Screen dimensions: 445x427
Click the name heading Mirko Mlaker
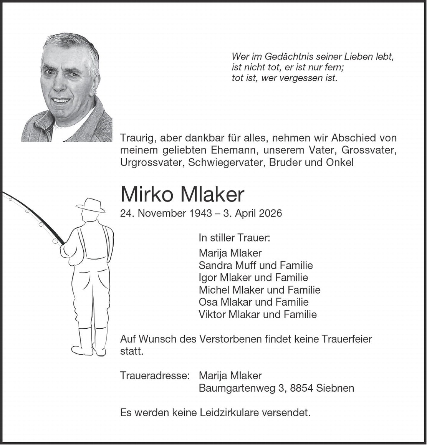[x=182, y=195]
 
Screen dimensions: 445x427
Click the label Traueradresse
[x=155, y=376]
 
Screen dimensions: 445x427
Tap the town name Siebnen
[x=335, y=388]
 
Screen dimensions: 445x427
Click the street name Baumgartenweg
[x=237, y=388]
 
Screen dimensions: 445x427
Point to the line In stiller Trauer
[x=234, y=238]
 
